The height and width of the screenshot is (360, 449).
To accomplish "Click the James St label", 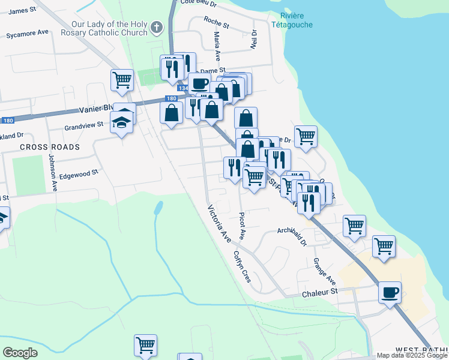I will pos(23,11).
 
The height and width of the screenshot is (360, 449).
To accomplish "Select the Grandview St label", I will pos(84,126).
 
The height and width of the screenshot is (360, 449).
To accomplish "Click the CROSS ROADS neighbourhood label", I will pos(49,147).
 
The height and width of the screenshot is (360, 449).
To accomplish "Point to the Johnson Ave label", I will pos(52,173).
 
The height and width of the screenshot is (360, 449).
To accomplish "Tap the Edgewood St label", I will pos(78,174).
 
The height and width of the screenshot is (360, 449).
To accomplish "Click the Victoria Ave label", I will pos(219,224).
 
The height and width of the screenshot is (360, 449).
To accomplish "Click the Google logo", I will pos(20,353).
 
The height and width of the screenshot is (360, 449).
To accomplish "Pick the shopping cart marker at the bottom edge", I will pos(145,346).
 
